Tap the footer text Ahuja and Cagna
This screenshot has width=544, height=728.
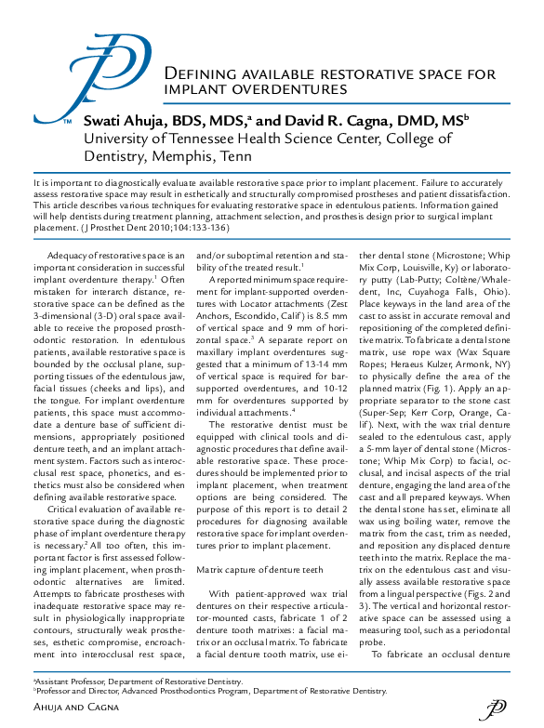[78, 709]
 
